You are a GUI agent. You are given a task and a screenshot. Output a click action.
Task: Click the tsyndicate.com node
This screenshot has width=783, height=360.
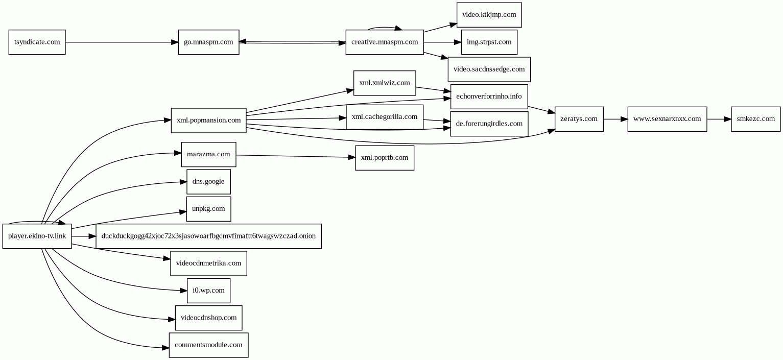click(37, 42)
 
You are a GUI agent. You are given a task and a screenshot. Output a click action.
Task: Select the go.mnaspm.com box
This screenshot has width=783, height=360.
click(209, 42)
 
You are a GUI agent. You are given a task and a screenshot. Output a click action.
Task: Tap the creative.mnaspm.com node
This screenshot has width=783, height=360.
click(385, 42)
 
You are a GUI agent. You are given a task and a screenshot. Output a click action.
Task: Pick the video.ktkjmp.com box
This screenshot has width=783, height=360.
click(489, 15)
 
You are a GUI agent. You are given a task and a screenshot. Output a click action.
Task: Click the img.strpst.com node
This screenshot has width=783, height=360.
click(489, 42)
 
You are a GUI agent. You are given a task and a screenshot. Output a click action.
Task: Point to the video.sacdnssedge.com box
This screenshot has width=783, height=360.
click(489, 69)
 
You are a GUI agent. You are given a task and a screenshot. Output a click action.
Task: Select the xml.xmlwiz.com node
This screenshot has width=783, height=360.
click(385, 83)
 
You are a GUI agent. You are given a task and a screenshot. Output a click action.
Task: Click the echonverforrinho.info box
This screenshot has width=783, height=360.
click(489, 97)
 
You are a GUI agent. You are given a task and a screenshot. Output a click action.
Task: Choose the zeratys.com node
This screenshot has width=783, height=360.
click(579, 119)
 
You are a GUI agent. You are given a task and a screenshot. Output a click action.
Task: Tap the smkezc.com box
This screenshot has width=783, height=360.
click(756, 119)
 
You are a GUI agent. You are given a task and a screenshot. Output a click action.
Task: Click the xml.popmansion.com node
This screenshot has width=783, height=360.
click(209, 120)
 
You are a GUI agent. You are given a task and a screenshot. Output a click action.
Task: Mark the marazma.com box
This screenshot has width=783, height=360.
click(209, 154)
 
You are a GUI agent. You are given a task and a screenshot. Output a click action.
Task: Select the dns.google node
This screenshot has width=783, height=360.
click(209, 181)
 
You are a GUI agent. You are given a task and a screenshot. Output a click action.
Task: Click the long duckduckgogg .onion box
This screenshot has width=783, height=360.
click(209, 236)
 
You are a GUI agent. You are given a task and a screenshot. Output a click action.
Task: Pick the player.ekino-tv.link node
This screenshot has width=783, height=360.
click(37, 236)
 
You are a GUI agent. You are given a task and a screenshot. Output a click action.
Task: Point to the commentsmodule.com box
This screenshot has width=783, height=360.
click(209, 345)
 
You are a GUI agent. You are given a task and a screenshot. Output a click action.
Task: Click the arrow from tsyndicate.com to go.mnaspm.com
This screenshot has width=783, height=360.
click(122, 42)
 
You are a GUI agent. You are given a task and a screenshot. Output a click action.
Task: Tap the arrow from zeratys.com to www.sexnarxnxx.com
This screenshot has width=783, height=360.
click(615, 119)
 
